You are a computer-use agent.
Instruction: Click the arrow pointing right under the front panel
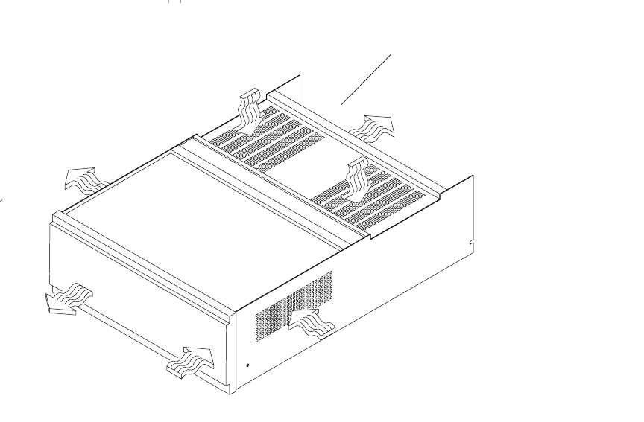point(192,361)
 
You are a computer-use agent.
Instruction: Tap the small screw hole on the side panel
point(248,365)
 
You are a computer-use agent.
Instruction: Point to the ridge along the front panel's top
point(142,246)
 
